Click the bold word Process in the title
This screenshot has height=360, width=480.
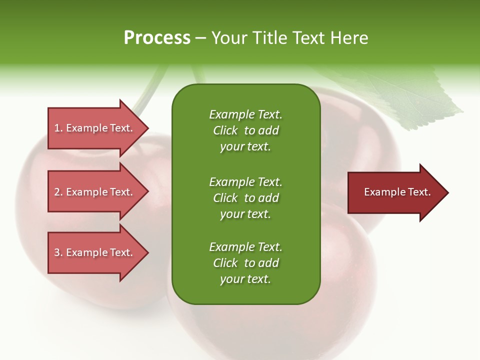[157, 38]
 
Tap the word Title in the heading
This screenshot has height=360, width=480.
[269, 38]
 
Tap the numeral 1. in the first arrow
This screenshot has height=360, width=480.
[58, 128]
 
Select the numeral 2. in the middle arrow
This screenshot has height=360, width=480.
[58, 192]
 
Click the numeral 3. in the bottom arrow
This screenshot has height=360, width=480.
[58, 252]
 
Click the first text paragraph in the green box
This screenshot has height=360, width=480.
[245, 130]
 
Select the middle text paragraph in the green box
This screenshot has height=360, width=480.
[245, 198]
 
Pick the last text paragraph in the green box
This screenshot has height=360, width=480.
[245, 263]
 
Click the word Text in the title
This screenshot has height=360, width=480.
[308, 38]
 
